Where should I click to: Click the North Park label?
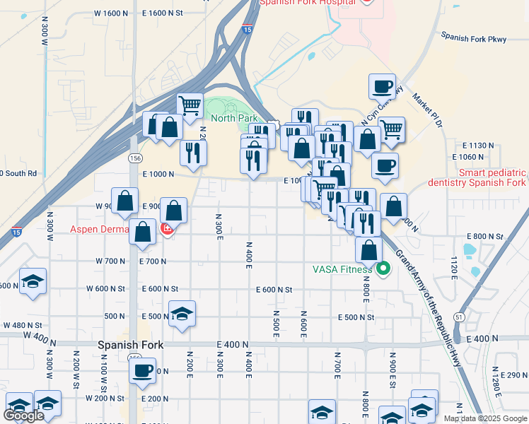coord(233,118)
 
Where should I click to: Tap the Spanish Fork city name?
coord(129,346)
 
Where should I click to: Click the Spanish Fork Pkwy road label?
coord(473,36)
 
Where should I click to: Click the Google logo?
coord(23,416)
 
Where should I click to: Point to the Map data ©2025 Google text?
coord(484,418)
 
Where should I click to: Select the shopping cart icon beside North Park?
coord(190,107)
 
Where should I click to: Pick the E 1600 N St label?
coord(162,13)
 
